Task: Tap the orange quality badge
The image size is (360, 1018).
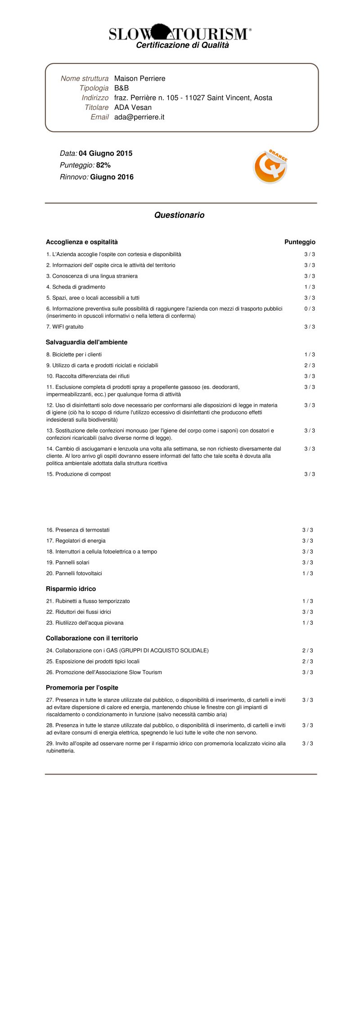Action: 270,167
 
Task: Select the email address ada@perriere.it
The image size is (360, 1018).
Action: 139,117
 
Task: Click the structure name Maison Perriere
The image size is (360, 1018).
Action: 139,78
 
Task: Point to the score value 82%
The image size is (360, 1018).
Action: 103,165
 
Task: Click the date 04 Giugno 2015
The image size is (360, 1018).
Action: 106,153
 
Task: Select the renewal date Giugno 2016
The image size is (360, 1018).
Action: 112,177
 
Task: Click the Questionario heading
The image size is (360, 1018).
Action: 179,215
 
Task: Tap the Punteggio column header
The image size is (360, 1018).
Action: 300,242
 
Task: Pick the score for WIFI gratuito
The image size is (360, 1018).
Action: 310,327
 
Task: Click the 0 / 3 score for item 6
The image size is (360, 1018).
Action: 310,309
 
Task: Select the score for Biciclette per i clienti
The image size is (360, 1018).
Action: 310,355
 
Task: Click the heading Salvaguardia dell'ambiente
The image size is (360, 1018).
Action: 86,342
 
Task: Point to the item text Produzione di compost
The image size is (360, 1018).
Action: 83,474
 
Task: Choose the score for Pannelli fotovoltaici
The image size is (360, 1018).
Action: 308,573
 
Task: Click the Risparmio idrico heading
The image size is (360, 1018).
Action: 71,589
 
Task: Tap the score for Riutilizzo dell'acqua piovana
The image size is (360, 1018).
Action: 308,623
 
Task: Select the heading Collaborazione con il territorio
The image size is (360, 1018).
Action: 92,638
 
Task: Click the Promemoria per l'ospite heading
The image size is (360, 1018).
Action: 82,688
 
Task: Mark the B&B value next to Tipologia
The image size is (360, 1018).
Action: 121,88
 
